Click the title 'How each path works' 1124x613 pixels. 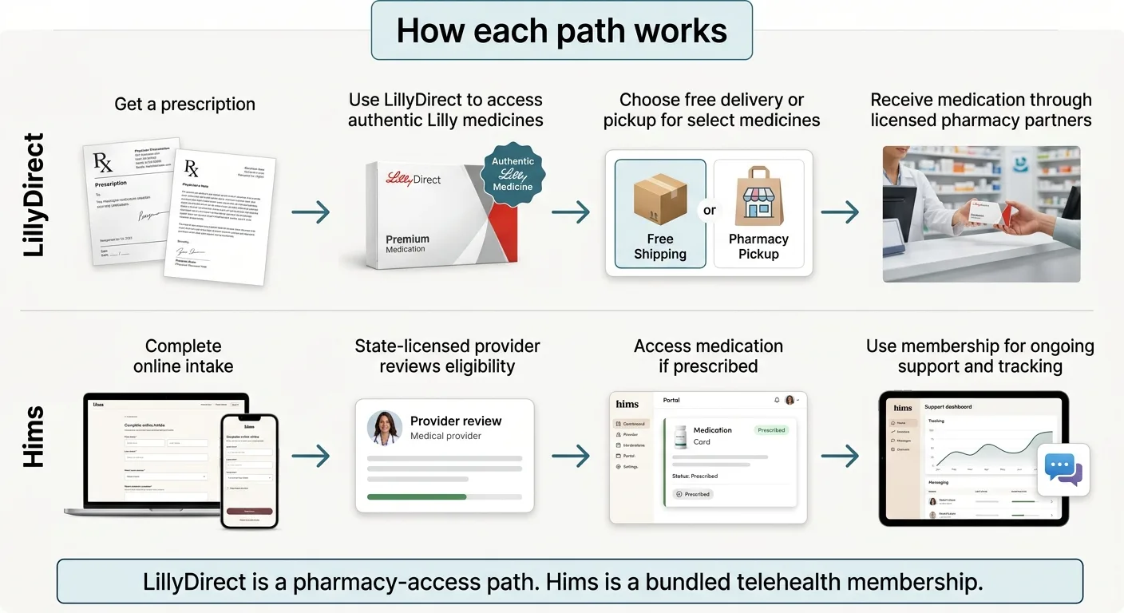(561, 31)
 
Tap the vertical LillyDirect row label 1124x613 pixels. (34, 196)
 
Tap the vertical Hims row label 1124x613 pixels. (34, 436)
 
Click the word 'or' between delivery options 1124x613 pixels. (709, 211)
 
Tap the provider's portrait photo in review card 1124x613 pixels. (384, 428)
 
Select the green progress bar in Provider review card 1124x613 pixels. (416, 496)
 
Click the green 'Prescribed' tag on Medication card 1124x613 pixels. (770, 430)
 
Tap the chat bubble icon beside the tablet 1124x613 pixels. (1063, 470)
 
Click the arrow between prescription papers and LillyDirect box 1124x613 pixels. (311, 212)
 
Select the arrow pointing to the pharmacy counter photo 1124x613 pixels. (840, 212)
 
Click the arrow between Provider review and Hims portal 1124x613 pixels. (571, 456)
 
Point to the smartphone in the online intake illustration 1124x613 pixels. (249, 471)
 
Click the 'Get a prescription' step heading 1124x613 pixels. (184, 104)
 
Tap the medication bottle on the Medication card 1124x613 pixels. (680, 436)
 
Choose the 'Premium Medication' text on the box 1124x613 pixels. (407, 243)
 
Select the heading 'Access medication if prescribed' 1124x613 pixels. (708, 356)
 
